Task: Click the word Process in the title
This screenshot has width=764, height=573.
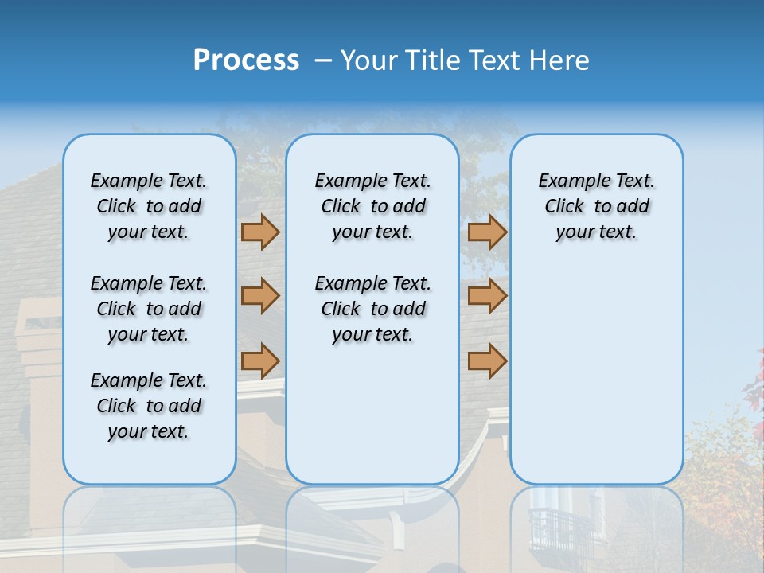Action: coord(246,60)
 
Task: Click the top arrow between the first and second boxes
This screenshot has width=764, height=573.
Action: coord(260,232)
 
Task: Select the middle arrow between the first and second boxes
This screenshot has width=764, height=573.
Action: coord(260,296)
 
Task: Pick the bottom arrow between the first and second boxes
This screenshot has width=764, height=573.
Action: coord(260,361)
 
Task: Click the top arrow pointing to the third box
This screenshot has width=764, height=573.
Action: coord(487,232)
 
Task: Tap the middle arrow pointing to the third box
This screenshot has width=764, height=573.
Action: coord(487,296)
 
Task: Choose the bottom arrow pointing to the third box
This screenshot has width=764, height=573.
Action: coord(487,361)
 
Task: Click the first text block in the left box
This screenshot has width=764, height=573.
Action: coord(149,206)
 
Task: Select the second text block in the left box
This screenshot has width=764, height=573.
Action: coord(149,309)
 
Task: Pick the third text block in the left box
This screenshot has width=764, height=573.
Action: coord(149,406)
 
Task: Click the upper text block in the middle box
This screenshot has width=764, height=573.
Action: coord(372,206)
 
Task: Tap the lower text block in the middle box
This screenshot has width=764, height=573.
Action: coord(372,309)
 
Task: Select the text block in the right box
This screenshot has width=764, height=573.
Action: coord(596,206)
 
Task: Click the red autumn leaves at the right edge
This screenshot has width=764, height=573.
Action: coord(754,382)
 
